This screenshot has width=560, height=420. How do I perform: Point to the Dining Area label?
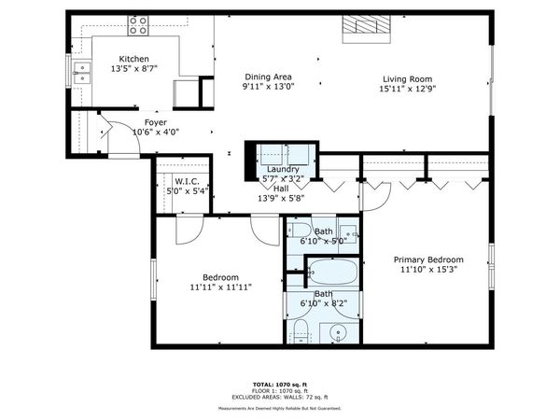coord(269,77)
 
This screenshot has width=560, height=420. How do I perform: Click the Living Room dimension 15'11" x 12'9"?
coord(408,90)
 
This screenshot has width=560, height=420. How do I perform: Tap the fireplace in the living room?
coord(364,28)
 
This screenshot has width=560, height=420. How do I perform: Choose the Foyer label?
coord(155,122)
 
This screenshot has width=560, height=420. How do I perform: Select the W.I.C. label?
coord(186,181)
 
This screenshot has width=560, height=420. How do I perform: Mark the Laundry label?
coord(281,169)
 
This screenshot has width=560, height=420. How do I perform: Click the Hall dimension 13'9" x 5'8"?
coord(281,198)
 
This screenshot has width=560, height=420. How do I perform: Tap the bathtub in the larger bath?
coord(331,273)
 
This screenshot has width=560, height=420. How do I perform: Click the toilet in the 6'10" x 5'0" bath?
coord(301,232)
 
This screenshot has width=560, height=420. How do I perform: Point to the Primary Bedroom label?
coord(427,259)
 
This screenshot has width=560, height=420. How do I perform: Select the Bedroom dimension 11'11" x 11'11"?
coord(221,287)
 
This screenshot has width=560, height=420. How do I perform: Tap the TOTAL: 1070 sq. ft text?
coord(280,384)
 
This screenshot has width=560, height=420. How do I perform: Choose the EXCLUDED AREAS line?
coord(280,399)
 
